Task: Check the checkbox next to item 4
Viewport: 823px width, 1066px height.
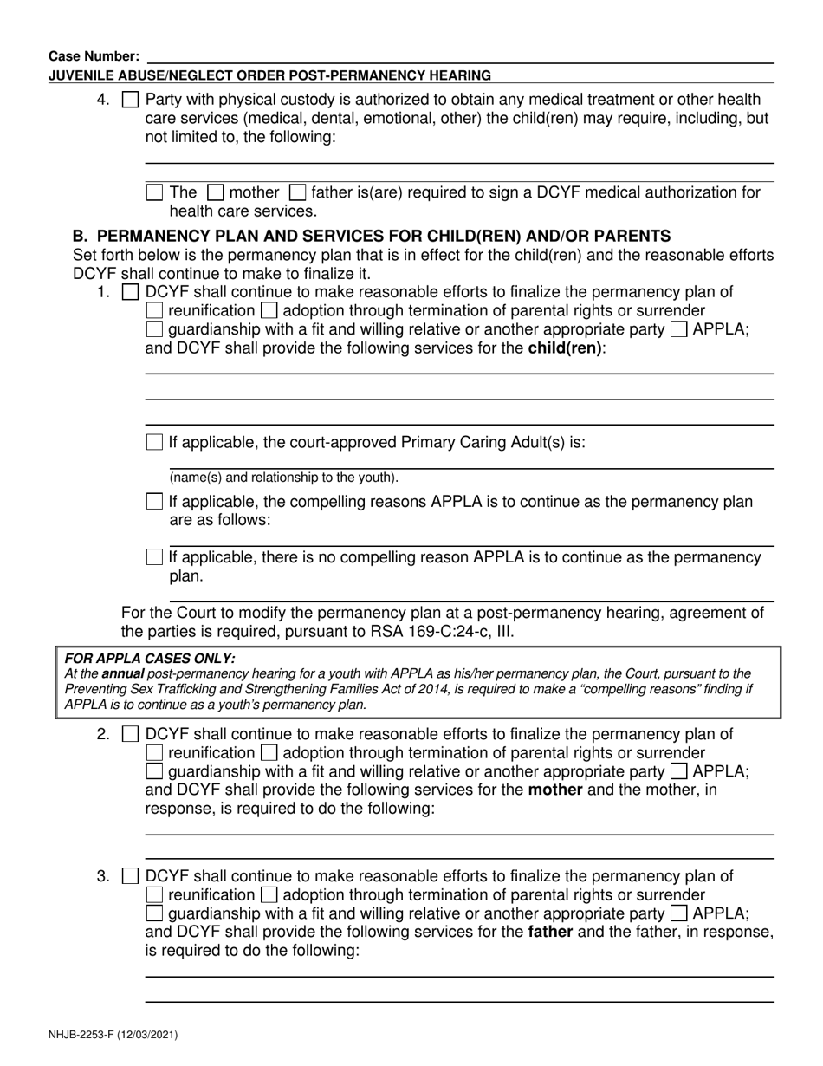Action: pyautogui.click(x=130, y=100)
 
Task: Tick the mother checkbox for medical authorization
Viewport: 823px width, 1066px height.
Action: pyautogui.click(x=218, y=192)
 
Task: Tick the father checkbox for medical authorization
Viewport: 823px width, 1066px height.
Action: pyautogui.click(x=297, y=192)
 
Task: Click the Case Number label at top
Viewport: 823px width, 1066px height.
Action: pyautogui.click(x=87, y=55)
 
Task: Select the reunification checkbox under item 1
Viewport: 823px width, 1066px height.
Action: pyautogui.click(x=155, y=310)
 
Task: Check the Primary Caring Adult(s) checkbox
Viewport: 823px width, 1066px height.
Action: pyautogui.click(x=155, y=442)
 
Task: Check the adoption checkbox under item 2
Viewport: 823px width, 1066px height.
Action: pyautogui.click(x=269, y=753)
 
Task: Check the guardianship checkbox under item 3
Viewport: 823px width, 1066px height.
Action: pyautogui.click(x=155, y=913)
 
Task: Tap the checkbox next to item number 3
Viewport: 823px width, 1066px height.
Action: pyautogui.click(x=130, y=876)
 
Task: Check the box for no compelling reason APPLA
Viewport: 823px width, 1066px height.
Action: pyautogui.click(x=155, y=557)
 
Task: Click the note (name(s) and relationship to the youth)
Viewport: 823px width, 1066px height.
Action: pyautogui.click(x=283, y=478)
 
